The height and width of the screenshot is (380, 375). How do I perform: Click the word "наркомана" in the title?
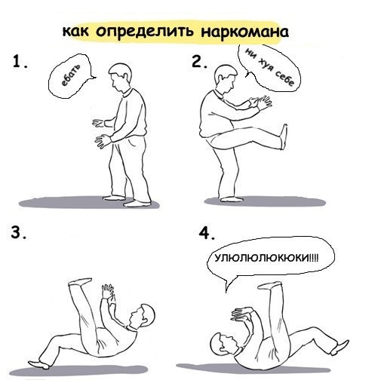click(x=244, y=32)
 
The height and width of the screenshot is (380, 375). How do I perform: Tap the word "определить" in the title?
click(x=145, y=32)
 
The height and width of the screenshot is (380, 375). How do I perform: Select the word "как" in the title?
click(x=75, y=31)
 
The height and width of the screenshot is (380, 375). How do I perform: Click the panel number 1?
click(x=20, y=62)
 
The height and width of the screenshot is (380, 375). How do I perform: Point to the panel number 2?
click(x=199, y=62)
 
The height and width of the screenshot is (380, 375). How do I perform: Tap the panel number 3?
click(x=18, y=233)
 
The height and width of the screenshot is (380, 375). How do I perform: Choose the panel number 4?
click(x=207, y=234)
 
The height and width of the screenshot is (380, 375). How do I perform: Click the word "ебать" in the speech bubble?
click(x=71, y=75)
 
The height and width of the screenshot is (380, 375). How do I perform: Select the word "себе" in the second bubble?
click(x=284, y=78)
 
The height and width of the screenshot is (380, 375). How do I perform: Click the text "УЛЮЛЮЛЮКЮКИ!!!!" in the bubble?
click(x=266, y=258)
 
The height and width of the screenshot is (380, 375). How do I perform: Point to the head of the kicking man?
click(x=226, y=78)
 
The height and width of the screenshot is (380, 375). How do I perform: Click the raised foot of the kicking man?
click(x=284, y=136)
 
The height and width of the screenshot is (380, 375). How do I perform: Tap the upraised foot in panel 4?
click(x=270, y=286)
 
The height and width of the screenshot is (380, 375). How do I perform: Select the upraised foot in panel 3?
click(x=80, y=281)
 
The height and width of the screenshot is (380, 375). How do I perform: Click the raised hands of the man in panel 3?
click(x=109, y=293)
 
